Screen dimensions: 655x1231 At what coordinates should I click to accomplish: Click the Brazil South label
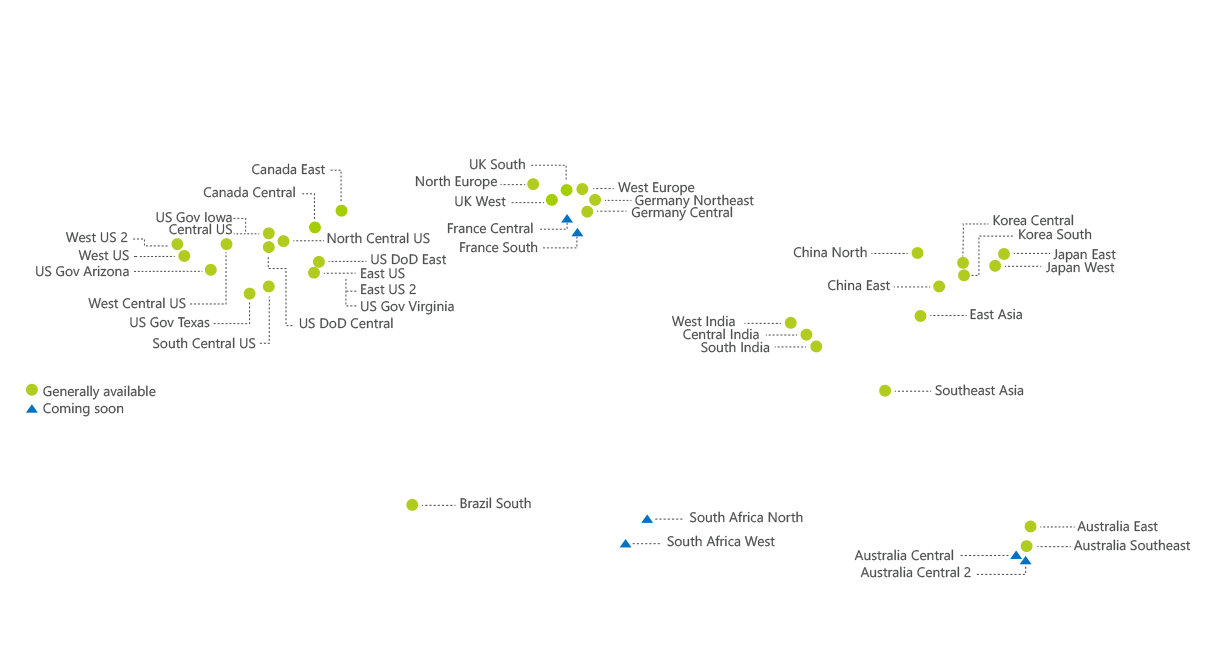click(495, 504)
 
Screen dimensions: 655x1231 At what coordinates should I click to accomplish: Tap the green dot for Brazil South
click(412, 505)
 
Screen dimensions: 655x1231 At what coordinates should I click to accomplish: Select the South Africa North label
click(745, 518)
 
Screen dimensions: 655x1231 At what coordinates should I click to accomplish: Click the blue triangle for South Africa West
click(626, 544)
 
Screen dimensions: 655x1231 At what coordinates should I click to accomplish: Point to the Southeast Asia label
click(979, 391)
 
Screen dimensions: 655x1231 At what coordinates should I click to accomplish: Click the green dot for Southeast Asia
click(885, 390)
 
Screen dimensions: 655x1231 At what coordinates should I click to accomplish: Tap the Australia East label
click(1117, 527)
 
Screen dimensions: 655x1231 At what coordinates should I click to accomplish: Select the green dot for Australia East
click(1030, 527)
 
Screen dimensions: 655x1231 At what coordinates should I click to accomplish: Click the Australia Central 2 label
click(915, 573)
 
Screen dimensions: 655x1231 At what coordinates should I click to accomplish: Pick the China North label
click(830, 253)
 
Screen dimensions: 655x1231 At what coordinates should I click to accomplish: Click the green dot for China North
click(917, 253)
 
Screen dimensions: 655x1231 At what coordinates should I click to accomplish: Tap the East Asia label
click(995, 315)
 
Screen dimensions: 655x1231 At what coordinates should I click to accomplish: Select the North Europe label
click(455, 182)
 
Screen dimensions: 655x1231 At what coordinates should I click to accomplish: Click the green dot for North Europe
click(533, 184)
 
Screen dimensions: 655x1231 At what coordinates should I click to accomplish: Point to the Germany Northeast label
click(693, 201)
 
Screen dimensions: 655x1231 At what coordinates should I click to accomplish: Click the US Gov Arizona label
click(82, 271)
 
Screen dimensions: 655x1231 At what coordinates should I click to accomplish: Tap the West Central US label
click(136, 304)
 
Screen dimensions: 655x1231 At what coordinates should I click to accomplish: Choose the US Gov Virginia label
click(407, 307)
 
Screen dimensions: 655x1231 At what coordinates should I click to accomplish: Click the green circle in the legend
click(32, 391)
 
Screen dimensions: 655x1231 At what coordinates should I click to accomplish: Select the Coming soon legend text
click(83, 409)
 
